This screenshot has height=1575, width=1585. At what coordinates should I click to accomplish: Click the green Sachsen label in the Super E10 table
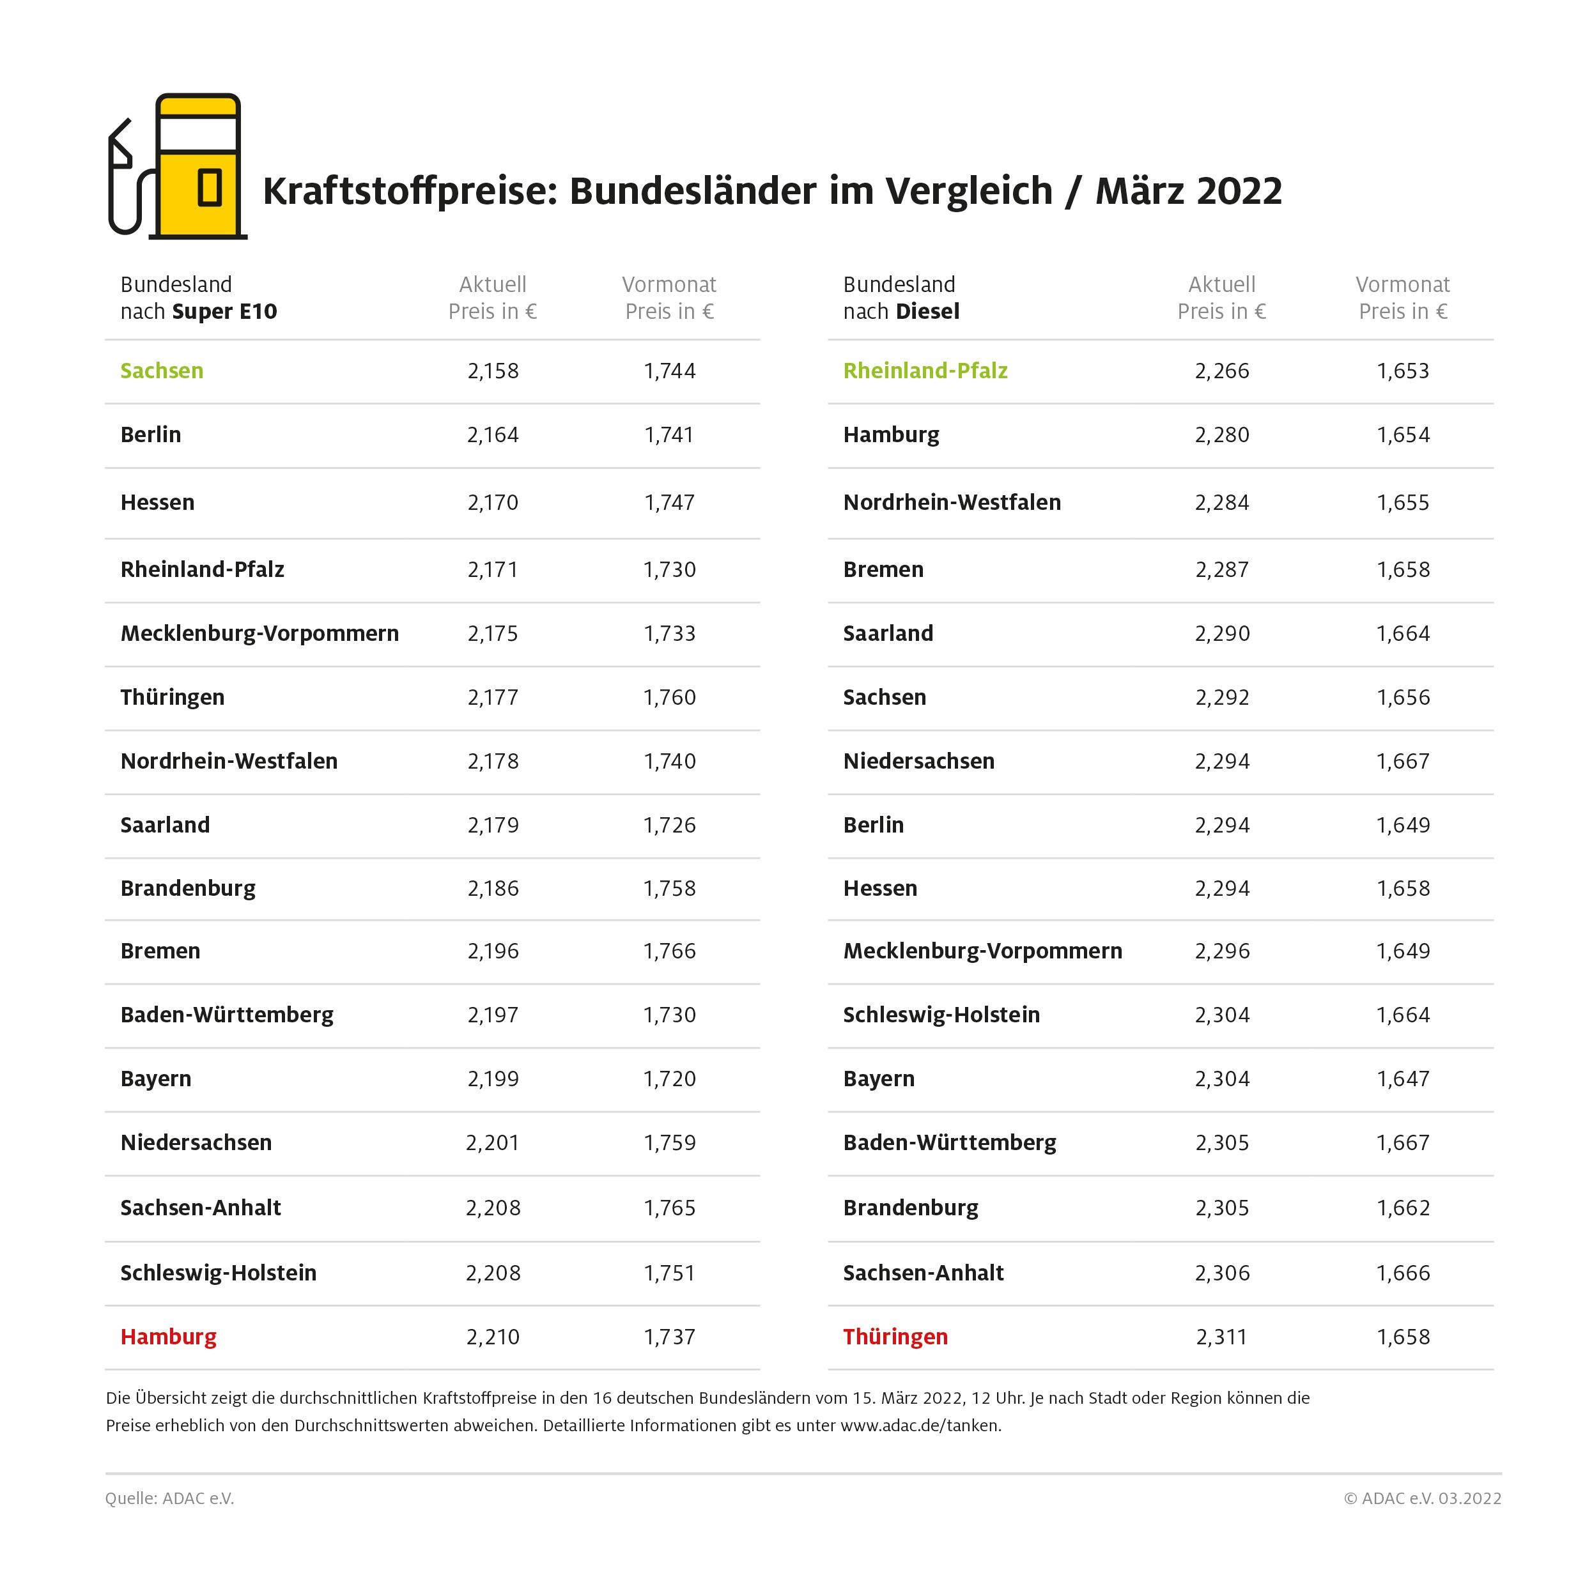[x=162, y=371]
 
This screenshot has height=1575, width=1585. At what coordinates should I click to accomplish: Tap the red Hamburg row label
[x=168, y=1337]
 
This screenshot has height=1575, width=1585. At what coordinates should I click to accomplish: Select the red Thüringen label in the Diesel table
[x=895, y=1337]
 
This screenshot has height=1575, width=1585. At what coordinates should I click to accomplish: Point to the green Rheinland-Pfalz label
[x=925, y=371]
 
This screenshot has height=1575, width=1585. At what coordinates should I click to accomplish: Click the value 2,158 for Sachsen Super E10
[x=493, y=371]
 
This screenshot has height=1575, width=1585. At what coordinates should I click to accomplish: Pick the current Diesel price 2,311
[x=1221, y=1337]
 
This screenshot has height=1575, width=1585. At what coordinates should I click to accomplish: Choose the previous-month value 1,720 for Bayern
[x=669, y=1079]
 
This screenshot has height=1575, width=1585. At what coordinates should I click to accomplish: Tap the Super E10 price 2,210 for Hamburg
[x=493, y=1337]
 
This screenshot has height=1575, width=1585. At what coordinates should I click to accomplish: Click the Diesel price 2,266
[x=1221, y=371]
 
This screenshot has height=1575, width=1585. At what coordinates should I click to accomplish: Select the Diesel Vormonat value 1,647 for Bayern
[x=1403, y=1079]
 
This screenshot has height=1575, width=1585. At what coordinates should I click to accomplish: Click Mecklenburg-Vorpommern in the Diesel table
[x=982, y=951]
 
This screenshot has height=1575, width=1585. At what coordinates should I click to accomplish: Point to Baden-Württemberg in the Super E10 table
[x=226, y=1015]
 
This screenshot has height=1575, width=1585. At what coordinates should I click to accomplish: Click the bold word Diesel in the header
[x=927, y=312]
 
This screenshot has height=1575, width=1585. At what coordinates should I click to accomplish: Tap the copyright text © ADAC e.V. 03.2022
[x=1422, y=1499]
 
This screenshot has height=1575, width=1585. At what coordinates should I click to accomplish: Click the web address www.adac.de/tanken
[x=920, y=1425]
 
